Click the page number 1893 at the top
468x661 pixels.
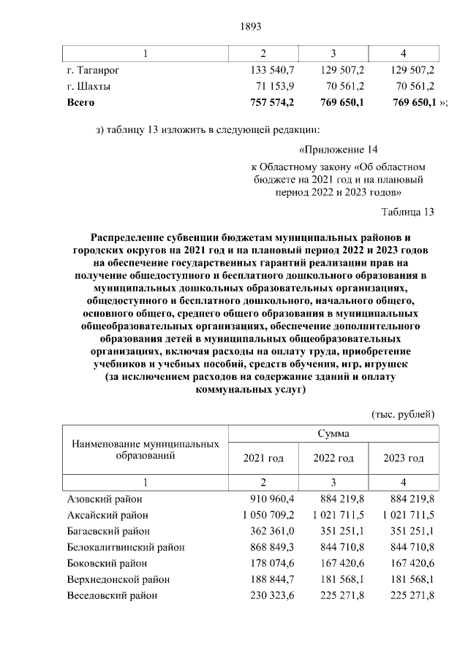(251, 27)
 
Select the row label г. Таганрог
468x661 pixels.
(93, 70)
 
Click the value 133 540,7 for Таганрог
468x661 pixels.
(271, 70)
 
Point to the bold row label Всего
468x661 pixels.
(80, 102)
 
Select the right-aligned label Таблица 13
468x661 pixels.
(408, 212)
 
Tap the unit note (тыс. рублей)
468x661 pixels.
(404, 414)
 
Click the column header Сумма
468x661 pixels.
(333, 433)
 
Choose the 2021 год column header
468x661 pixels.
(263, 458)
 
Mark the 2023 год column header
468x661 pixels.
(404, 458)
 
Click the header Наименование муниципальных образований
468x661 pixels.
(145, 449)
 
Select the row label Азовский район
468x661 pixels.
(105, 499)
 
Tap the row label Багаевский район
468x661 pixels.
(108, 531)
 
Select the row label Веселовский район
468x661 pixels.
(110, 595)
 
